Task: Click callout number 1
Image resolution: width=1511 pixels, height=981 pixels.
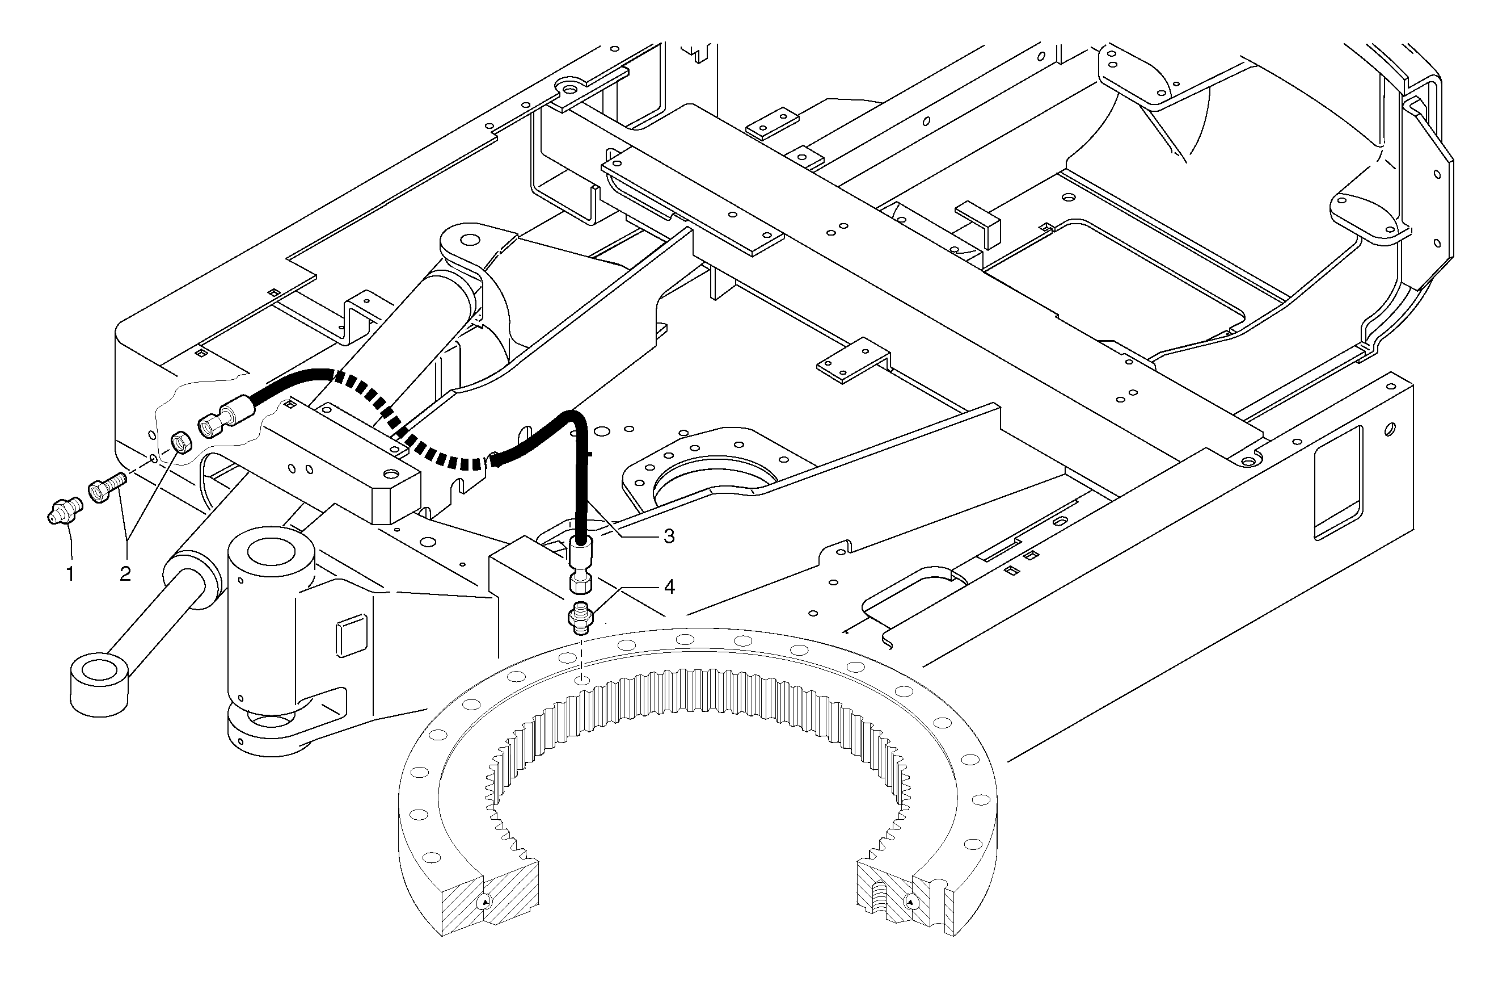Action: (x=70, y=574)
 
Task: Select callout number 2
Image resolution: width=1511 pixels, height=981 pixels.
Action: (x=125, y=574)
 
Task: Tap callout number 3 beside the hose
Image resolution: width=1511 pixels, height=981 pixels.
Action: (x=669, y=536)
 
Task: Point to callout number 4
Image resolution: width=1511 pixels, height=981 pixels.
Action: (x=669, y=587)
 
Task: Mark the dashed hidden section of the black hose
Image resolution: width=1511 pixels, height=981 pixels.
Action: (x=406, y=432)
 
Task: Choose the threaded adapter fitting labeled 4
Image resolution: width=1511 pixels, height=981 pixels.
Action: (x=579, y=619)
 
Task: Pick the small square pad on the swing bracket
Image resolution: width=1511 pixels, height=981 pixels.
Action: (x=351, y=635)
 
